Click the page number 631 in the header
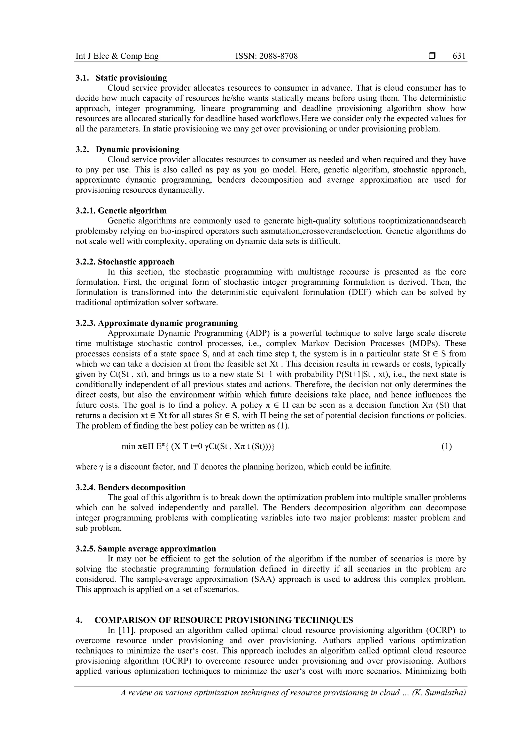pyautogui.click(x=459, y=56)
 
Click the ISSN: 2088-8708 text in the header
pyautogui.click(x=267, y=56)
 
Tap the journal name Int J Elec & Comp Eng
pyautogui.click(x=117, y=56)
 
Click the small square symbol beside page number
pyautogui.click(x=432, y=56)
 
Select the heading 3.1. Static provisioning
pyautogui.click(x=121, y=78)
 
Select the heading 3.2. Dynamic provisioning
pyautogui.click(x=127, y=150)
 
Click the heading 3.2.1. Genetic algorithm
pyautogui.click(x=121, y=211)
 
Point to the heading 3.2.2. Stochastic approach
pyautogui.click(x=125, y=262)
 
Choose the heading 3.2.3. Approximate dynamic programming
pyautogui.click(x=157, y=323)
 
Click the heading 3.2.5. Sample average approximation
pyautogui.click(x=146, y=549)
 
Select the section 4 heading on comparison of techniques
pyautogui.click(x=214, y=620)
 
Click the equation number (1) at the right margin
pyautogui.click(x=446, y=447)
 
